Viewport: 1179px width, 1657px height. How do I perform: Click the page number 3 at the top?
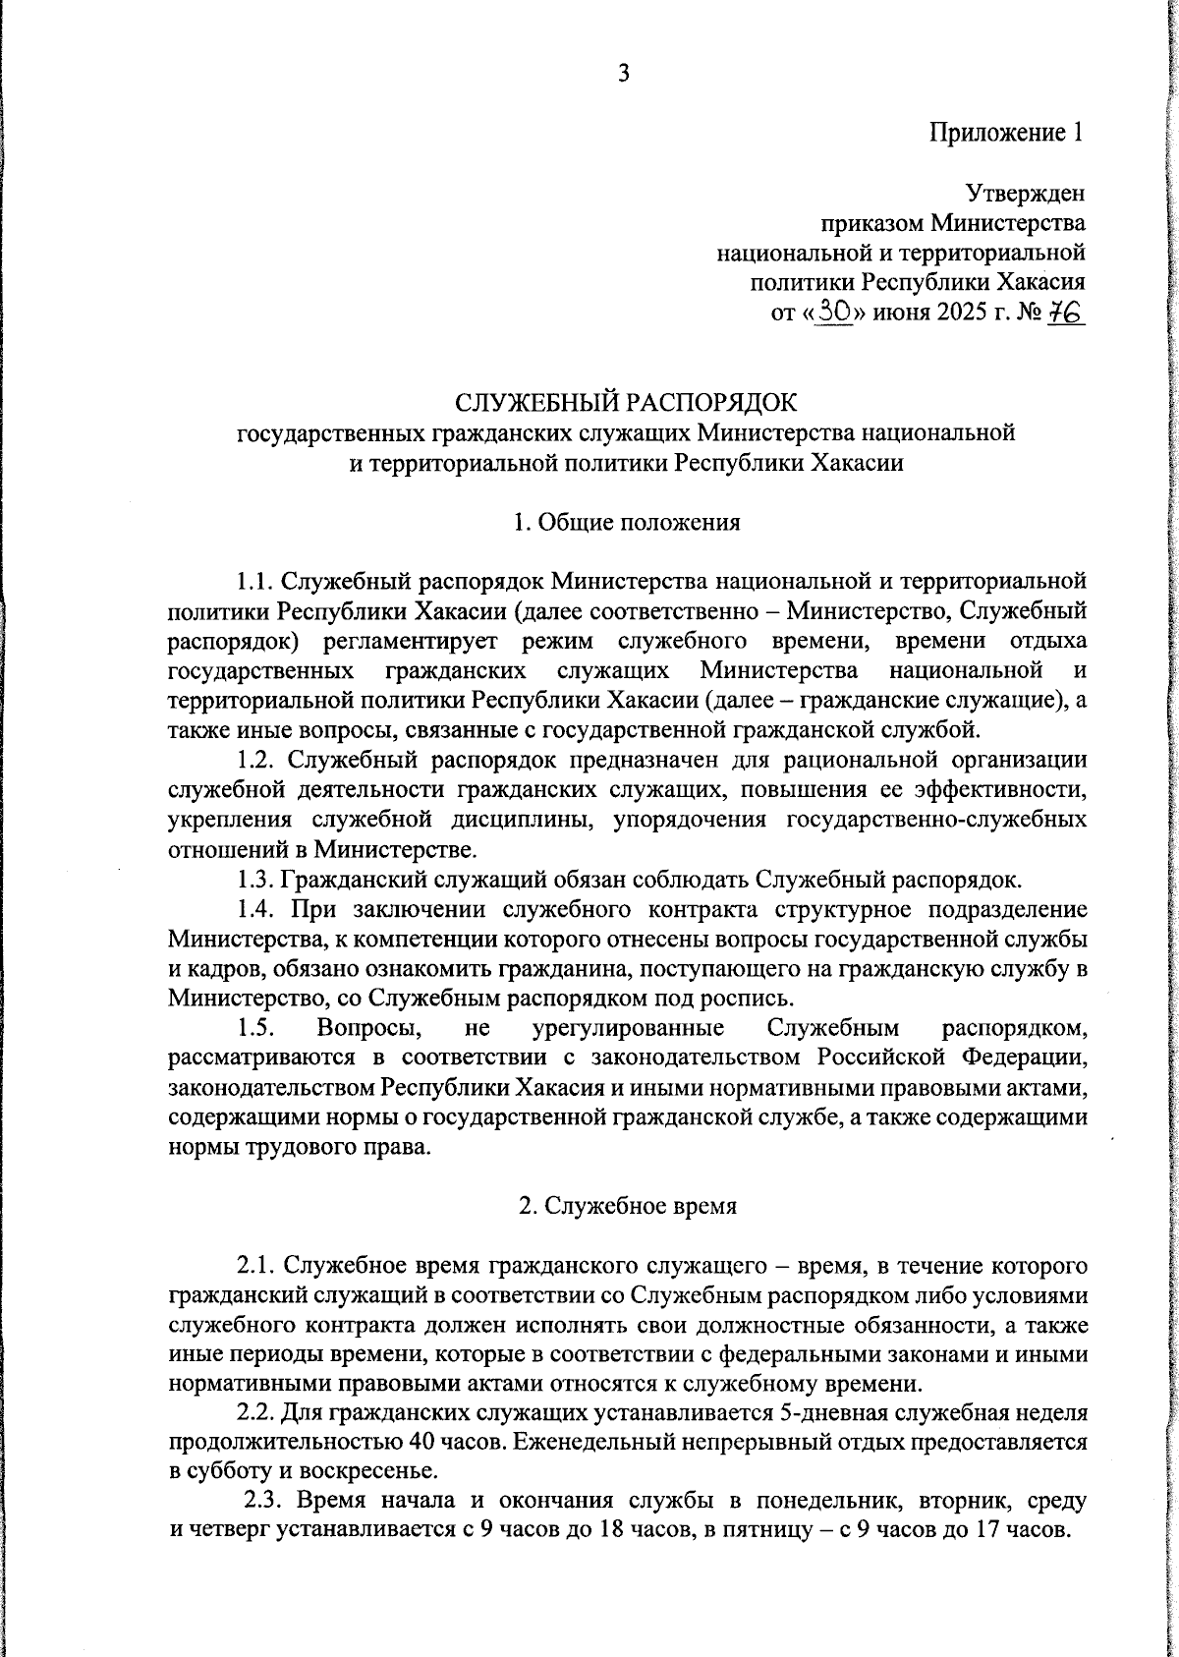(623, 74)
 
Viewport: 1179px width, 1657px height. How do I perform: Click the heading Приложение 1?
(1007, 133)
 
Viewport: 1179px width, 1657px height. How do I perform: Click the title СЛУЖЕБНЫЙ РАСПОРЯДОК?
(626, 403)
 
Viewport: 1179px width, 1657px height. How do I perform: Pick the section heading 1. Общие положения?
(626, 522)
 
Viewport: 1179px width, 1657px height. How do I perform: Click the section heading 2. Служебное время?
(627, 1206)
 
